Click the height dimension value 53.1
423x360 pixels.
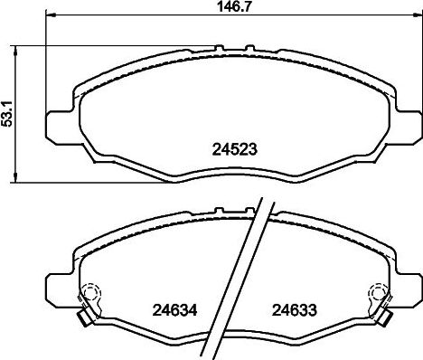(9, 116)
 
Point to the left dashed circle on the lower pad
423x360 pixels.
(89, 295)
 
